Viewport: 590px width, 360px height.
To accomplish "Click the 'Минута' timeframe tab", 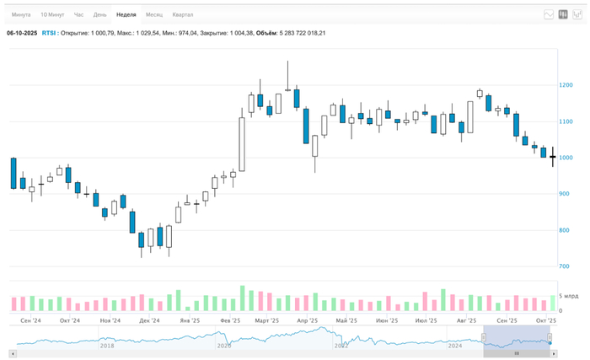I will tap(22, 15).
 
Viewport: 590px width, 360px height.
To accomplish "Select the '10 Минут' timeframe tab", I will tap(53, 15).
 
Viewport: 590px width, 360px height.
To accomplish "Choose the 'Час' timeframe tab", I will tap(78, 15).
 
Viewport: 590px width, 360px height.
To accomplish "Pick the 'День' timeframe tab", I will tap(99, 15).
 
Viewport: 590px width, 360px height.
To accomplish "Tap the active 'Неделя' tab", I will tap(126, 15).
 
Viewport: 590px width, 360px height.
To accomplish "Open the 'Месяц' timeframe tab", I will tap(154, 15).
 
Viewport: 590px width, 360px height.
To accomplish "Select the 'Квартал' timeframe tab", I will tap(182, 15).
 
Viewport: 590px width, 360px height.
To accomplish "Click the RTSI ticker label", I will tap(50, 33).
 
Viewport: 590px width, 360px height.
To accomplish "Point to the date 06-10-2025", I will tap(22, 33).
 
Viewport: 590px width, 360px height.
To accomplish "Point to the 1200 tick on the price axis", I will tap(566, 86).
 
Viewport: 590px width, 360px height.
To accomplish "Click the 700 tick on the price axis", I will tap(564, 267).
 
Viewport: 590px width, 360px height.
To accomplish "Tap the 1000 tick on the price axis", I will tap(566, 159).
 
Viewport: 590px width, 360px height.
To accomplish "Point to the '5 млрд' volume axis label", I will tap(568, 297).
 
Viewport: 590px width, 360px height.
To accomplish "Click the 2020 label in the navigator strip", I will tap(223, 346).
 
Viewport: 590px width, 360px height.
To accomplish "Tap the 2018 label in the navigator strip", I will tap(107, 346).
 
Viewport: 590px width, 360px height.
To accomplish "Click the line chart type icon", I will tap(549, 14).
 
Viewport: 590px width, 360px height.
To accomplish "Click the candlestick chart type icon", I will tap(562, 14).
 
